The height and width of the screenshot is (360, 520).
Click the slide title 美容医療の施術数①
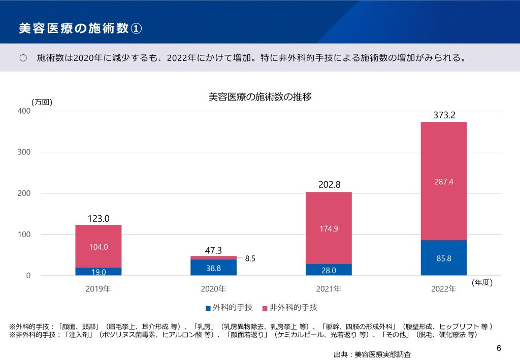coord(80,28)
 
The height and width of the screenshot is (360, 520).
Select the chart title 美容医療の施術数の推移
coord(260,97)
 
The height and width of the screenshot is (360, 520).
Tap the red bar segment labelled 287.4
coord(443,181)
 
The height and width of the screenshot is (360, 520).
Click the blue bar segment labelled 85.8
coord(443,258)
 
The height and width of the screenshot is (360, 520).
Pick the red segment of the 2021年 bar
coord(329,228)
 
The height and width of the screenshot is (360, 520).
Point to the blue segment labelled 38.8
coord(213,268)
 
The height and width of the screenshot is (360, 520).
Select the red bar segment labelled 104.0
coord(99,246)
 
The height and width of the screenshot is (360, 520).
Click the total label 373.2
coord(444,115)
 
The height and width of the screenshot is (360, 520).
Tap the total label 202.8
coord(329,185)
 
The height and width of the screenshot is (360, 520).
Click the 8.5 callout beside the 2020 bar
coord(250,258)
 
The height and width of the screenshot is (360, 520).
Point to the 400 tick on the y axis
coord(24,111)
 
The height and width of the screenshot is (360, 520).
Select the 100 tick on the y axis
coord(24,235)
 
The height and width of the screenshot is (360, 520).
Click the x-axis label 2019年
coord(98,289)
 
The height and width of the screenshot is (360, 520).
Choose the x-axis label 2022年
coord(443,289)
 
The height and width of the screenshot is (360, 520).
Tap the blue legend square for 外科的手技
coord(208,308)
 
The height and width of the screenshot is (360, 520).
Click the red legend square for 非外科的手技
coord(265,308)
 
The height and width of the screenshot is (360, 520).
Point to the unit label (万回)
coord(42,102)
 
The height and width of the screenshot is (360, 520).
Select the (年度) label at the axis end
coord(482,282)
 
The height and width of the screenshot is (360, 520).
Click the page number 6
coord(499,348)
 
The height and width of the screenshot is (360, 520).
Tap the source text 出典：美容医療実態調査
coord(372,354)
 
